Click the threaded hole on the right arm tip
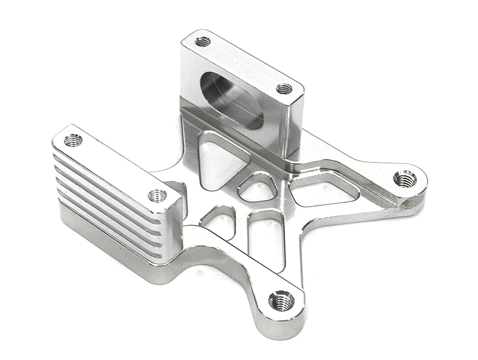[x=405, y=178]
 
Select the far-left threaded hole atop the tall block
[x=203, y=41]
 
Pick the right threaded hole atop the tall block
[x=284, y=89]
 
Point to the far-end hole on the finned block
[x=73, y=140]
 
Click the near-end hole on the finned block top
[x=157, y=195]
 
